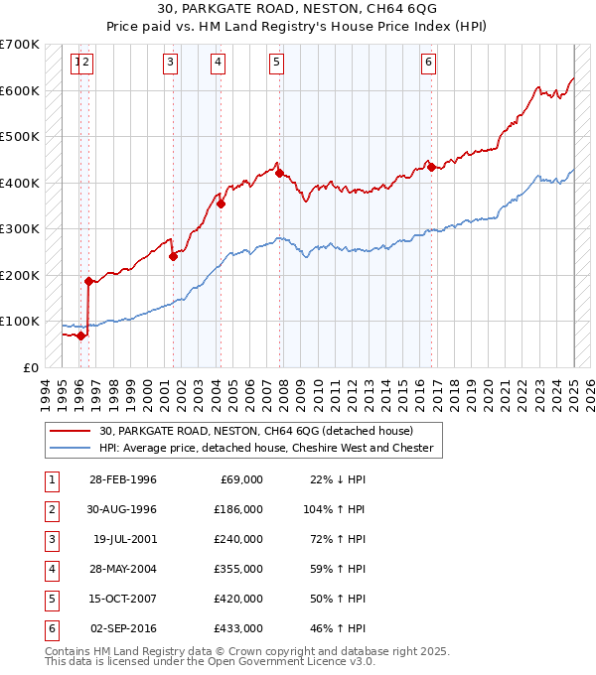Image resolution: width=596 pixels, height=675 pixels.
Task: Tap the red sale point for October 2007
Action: click(279, 173)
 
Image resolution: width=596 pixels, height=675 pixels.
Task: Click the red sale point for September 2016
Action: click(430, 166)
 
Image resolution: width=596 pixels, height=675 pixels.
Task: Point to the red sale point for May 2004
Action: click(221, 204)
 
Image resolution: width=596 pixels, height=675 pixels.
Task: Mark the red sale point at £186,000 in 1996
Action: click(88, 281)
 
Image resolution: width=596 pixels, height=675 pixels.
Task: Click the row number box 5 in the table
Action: click(50, 599)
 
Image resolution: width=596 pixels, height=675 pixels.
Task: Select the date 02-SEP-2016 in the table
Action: click(124, 628)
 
